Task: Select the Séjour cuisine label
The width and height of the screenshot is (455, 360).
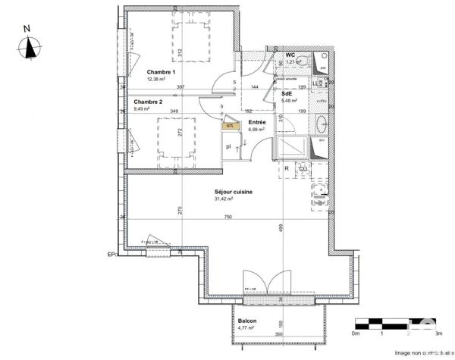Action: click(234, 192)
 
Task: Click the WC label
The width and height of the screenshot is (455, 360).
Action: click(290, 55)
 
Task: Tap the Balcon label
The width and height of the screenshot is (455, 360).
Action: click(247, 321)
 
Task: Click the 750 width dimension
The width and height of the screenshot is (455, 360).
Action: click(227, 218)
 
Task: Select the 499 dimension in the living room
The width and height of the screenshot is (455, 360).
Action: click(280, 227)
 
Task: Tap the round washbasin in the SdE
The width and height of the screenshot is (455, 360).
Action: click(322, 124)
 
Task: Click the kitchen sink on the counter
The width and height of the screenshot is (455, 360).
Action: click(320, 191)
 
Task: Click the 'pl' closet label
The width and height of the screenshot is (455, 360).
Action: click(227, 146)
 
